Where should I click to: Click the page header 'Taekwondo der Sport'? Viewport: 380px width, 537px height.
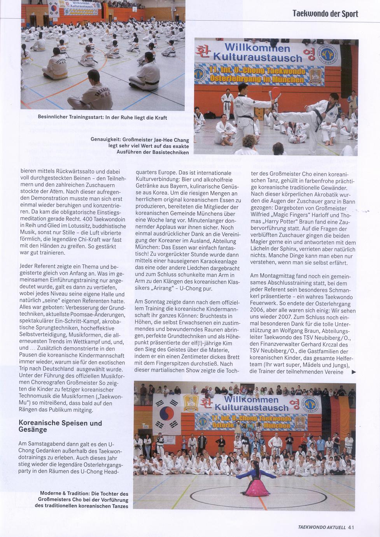tap(325, 14)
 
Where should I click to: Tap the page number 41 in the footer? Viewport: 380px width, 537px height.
tap(351, 527)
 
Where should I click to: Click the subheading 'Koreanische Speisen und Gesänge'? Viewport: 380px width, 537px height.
tap(60, 426)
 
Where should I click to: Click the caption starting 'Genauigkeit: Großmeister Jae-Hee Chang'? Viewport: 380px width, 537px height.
tap(140, 146)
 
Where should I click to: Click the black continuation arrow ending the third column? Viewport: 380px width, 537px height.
tap(353, 372)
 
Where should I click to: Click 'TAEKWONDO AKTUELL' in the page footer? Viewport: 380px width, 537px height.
tap(322, 527)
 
